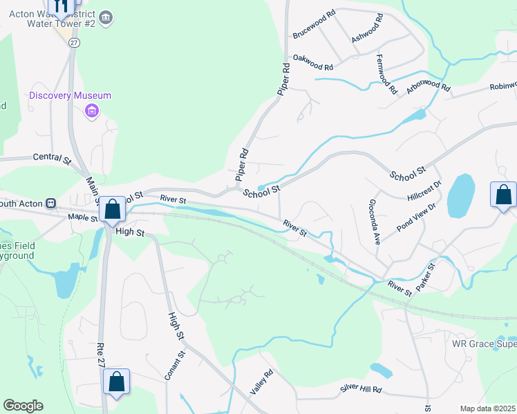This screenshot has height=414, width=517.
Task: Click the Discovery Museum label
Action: [70, 95]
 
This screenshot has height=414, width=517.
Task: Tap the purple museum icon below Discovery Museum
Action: [91, 110]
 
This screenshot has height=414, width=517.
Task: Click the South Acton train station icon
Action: [50, 203]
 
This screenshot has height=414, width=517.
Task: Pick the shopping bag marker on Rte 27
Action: [116, 382]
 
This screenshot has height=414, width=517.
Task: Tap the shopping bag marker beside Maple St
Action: [113, 208]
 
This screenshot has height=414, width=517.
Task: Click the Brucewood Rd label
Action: [313, 32]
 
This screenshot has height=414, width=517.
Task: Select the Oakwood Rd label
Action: [313, 63]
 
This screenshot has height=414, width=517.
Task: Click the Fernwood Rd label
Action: [384, 75]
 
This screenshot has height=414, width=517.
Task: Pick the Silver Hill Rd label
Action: [361, 389]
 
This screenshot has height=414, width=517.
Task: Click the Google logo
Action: [23, 406]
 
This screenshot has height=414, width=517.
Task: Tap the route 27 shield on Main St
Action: [73, 42]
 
